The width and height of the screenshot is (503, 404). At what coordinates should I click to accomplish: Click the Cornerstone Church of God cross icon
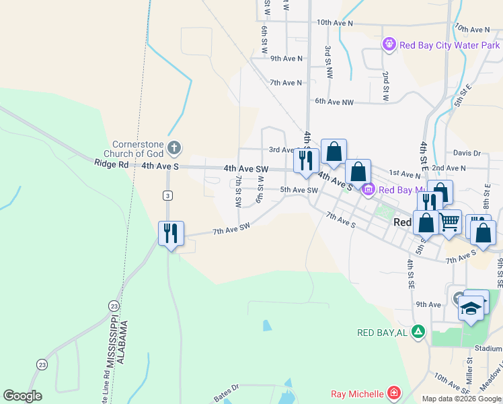pyautogui.click(x=174, y=147)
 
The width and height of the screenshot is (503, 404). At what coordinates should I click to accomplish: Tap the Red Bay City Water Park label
pyautogui.click(x=449, y=45)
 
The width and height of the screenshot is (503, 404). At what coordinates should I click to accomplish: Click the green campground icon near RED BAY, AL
pyautogui.click(x=418, y=332)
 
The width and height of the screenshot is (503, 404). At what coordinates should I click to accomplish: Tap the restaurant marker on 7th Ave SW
pyautogui.click(x=171, y=234)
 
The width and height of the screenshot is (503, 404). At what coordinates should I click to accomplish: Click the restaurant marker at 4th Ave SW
pyautogui.click(x=306, y=160)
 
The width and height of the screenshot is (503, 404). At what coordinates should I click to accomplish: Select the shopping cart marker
pyautogui.click(x=450, y=222)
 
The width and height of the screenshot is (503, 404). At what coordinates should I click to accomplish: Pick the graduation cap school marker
pyautogui.click(x=471, y=308)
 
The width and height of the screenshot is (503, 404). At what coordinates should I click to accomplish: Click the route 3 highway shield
pyautogui.click(x=167, y=195)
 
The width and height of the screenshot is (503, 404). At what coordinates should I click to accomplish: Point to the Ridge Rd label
pyautogui.click(x=111, y=164)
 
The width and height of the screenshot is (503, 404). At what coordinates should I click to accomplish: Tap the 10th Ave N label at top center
pyautogui.click(x=334, y=23)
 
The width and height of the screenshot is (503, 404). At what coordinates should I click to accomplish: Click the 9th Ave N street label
pyautogui.click(x=286, y=59)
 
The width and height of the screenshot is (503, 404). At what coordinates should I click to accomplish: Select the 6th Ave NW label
pyautogui.click(x=334, y=102)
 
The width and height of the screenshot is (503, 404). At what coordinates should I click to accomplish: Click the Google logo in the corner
pyautogui.click(x=23, y=395)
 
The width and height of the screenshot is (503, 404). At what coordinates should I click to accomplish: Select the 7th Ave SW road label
pyautogui.click(x=231, y=228)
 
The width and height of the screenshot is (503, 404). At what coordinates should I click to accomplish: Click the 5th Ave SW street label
pyautogui.click(x=299, y=190)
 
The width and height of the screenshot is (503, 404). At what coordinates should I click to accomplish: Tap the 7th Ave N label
pyautogui.click(x=286, y=83)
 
